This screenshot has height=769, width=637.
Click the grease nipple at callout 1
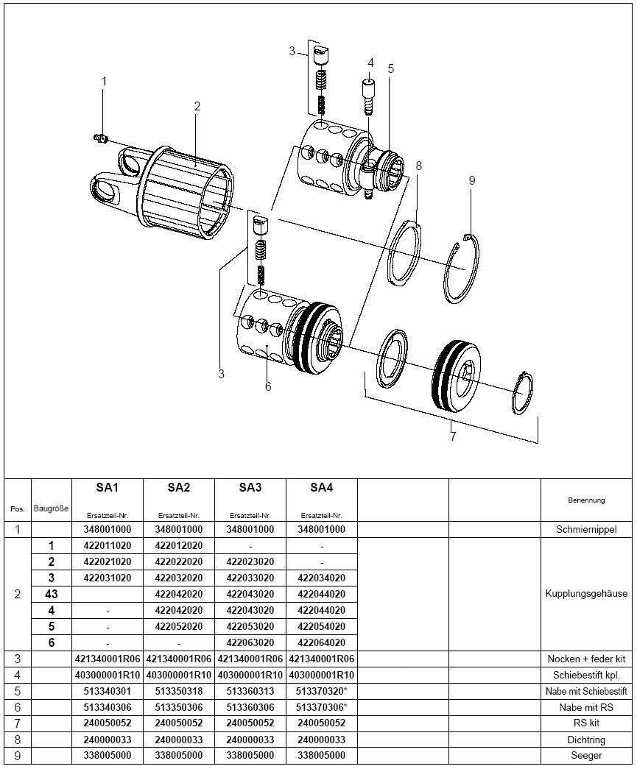tap(102, 137)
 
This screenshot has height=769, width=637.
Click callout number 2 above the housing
tap(197, 106)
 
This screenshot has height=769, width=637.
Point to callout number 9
tap(472, 180)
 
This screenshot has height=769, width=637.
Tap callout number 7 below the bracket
tap(453, 437)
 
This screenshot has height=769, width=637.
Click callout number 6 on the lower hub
tap(268, 386)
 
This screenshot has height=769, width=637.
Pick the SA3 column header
tap(250, 487)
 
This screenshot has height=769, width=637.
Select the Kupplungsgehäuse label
tap(586, 594)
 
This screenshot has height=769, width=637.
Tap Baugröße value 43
tap(52, 594)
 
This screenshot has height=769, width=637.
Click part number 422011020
tap(108, 545)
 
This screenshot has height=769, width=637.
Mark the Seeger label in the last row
tap(586, 756)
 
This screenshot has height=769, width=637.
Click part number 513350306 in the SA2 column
tap(179, 707)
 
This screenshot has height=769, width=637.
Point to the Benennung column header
tap(586, 500)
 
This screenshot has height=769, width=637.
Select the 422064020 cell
tap(322, 642)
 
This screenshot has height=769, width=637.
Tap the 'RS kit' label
tap(586, 723)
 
